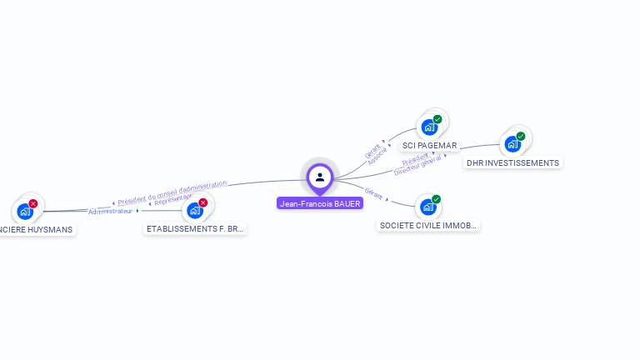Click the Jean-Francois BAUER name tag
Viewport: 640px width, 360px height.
coord(320,203)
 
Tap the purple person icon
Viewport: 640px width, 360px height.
coord(320,177)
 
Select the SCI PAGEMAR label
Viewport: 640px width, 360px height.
coord(429,145)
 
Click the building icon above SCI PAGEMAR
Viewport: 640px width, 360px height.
coord(428,127)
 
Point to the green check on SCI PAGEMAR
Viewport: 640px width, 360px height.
coord(437,119)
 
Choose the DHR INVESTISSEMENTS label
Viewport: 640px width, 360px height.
coord(512,162)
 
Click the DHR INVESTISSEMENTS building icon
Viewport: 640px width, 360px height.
coord(512,144)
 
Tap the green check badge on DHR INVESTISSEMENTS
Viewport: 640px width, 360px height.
coord(521,136)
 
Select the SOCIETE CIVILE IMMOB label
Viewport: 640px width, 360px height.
coord(428,225)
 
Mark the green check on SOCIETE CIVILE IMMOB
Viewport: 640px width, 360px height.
coord(436,199)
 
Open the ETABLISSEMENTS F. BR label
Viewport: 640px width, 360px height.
coord(195,228)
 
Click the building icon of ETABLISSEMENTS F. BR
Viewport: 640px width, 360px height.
coord(194,211)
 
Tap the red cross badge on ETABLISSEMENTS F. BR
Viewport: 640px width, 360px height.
coord(202,202)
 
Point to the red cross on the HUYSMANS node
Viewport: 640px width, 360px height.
coord(32,203)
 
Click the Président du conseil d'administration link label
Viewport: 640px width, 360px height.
coord(172,192)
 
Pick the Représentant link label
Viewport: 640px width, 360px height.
coord(173,200)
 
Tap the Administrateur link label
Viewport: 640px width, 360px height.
coord(111,212)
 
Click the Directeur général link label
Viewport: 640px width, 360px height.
coord(417,166)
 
